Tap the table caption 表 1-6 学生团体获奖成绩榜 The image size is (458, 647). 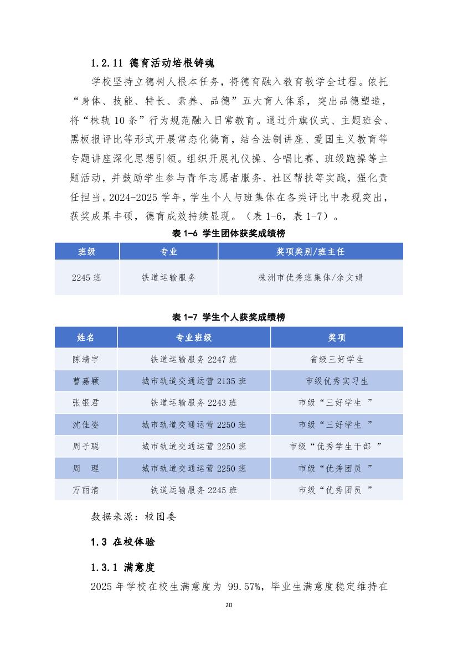click(229, 234)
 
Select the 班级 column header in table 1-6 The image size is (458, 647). click(86, 251)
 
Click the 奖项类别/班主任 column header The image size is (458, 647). click(310, 251)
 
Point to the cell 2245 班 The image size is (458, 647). click(86, 278)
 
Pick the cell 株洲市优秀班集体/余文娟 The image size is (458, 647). click(310, 278)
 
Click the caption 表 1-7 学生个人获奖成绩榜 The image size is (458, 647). click(229, 317)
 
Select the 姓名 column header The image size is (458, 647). click(86, 337)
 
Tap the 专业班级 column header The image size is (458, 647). click(194, 337)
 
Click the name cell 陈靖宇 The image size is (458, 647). click(86, 359)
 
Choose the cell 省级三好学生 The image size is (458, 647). click(337, 359)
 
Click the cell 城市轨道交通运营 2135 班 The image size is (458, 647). click(194, 381)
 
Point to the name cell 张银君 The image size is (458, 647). click(86, 403)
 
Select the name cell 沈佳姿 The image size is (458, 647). click(86, 425)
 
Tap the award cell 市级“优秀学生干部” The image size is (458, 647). click(337, 446)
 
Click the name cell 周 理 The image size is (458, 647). click(86, 468)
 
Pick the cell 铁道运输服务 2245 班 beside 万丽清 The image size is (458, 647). click(194, 490)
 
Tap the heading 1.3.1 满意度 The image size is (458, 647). click(122, 567)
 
